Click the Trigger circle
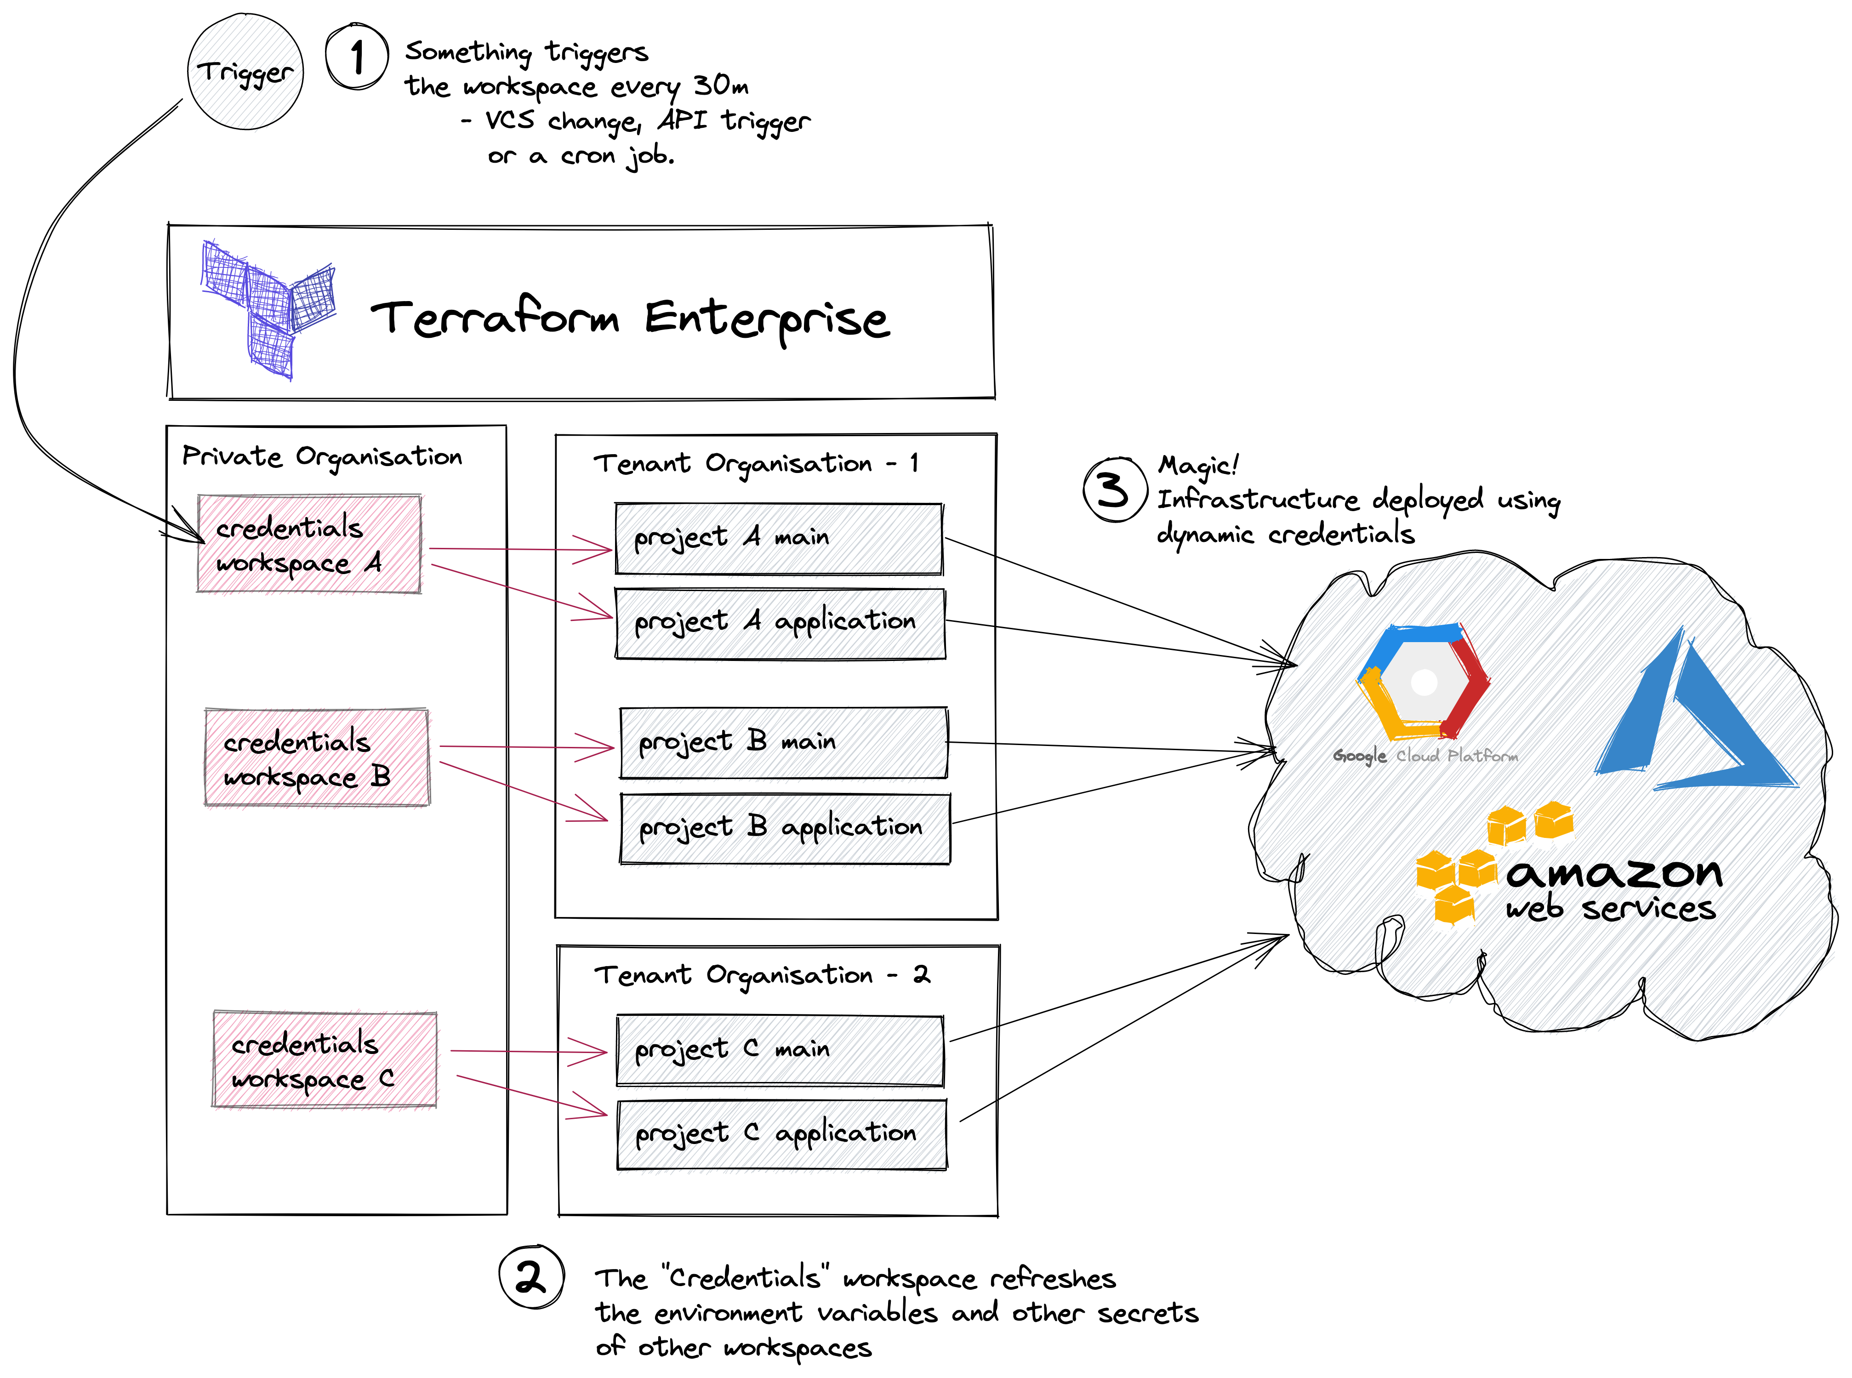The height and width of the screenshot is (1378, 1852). click(245, 72)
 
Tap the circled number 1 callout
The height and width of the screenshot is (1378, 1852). click(357, 57)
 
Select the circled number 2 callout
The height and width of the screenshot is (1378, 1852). click(531, 1276)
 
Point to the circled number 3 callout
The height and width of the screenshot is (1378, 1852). click(1115, 490)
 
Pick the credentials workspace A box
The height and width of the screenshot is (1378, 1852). click(309, 544)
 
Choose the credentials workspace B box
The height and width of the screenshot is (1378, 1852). click(317, 757)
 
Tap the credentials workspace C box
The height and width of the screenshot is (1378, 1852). click(325, 1059)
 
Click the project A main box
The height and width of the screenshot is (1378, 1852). click(779, 539)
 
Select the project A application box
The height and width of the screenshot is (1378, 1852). click(780, 624)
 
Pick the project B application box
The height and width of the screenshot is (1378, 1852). click(785, 828)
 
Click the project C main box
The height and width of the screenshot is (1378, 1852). click(780, 1050)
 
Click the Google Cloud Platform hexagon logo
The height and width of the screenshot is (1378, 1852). click(1423, 682)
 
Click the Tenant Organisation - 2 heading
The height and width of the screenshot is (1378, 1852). click(762, 974)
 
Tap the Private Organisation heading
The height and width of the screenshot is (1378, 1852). click(322, 456)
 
